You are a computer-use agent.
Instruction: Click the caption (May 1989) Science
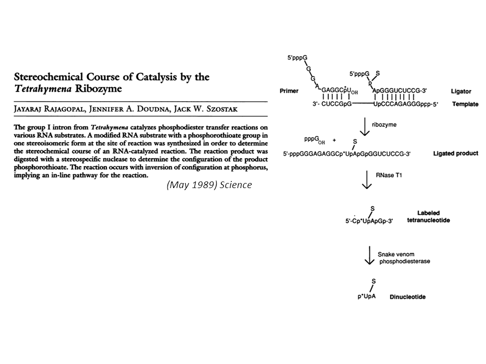[209, 185]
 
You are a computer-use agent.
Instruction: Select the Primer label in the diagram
[289, 92]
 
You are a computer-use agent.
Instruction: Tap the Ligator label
[461, 92]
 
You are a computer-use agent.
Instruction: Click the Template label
[465, 104]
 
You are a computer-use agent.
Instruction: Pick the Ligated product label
[455, 153]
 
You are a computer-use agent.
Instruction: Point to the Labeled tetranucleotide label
[428, 216]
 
